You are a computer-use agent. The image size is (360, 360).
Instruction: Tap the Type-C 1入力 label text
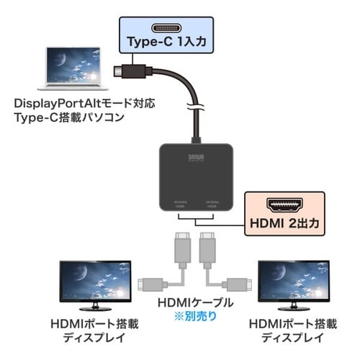(x=166, y=42)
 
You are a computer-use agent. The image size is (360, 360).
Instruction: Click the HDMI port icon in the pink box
(x=282, y=205)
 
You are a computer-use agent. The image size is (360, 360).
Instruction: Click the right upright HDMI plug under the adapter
(x=206, y=248)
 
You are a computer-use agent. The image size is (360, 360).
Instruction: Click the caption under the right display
(x=287, y=330)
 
